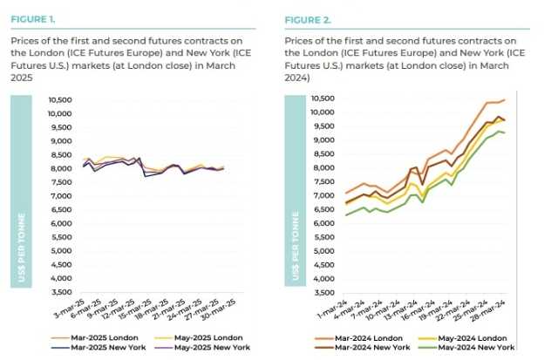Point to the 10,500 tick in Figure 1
click(58, 98)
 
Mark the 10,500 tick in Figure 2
click(323, 98)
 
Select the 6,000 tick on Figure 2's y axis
click(325, 223)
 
